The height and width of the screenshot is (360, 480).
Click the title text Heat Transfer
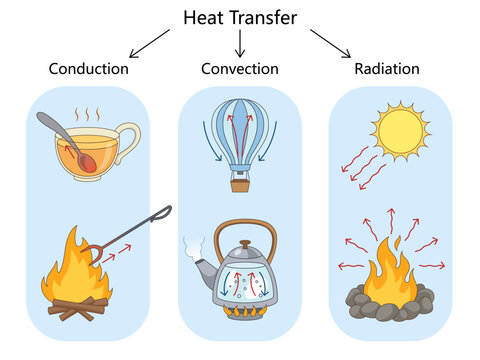239,17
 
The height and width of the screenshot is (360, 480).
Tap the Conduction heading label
89,69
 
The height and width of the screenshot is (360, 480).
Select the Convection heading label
240,69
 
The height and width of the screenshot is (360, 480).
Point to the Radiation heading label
387,69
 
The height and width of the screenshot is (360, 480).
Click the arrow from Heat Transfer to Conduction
149,43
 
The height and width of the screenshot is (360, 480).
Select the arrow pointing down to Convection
240,43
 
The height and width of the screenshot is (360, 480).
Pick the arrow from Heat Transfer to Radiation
330,43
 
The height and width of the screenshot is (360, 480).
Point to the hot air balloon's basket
240,184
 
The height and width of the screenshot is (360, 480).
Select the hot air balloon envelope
240,130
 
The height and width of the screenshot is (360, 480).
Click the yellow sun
400,128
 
